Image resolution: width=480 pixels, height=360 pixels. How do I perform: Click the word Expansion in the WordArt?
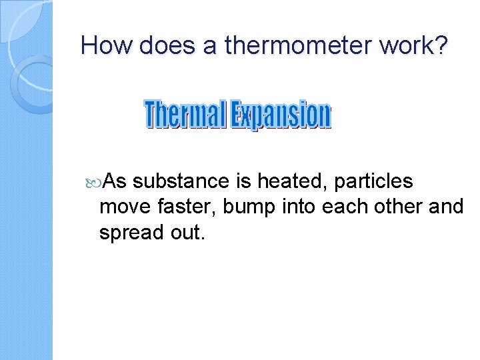pyautogui.click(x=281, y=115)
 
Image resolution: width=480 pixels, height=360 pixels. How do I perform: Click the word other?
pyautogui.click(x=399, y=207)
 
